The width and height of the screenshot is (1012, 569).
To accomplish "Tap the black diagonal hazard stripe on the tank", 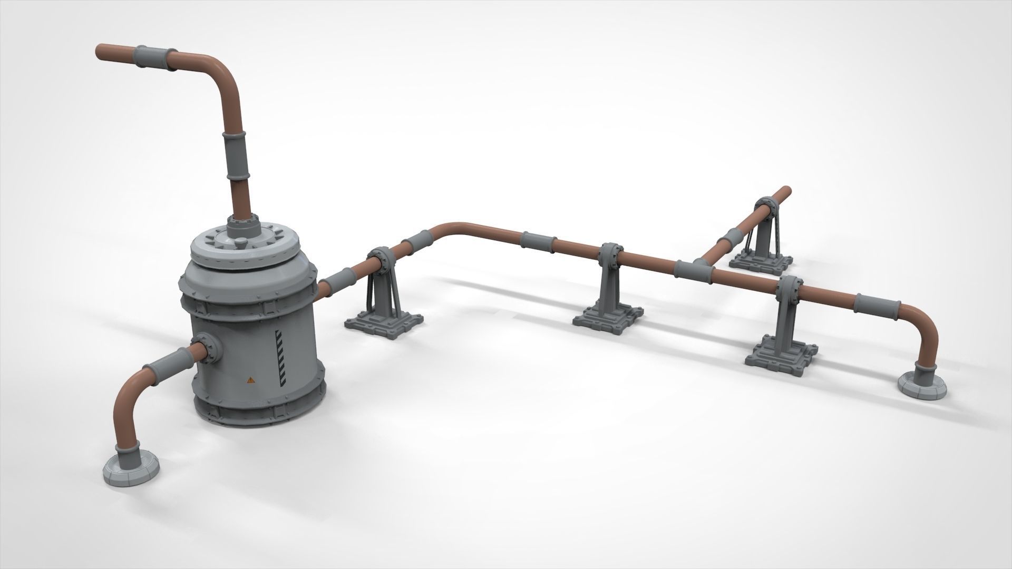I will click(280, 358).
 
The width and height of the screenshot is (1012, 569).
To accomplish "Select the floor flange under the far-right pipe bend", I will click(922, 387).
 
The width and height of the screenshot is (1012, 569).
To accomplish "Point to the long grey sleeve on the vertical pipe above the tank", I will click(237, 156).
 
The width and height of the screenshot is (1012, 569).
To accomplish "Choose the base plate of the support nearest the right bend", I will click(781, 354).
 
